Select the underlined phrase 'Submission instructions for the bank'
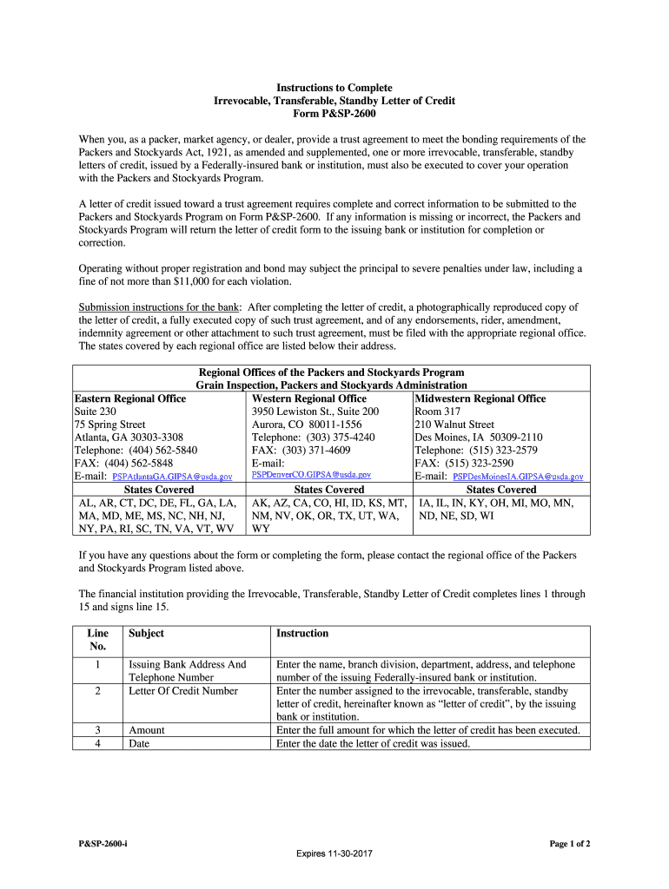160,307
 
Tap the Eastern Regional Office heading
130,398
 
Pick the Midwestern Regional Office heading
480,398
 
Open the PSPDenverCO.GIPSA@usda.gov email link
311,475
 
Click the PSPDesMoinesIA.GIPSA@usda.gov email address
519,477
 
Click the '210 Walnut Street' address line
454,425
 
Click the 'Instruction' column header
302,634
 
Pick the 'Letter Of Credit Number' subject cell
183,691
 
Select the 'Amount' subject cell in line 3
147,730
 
